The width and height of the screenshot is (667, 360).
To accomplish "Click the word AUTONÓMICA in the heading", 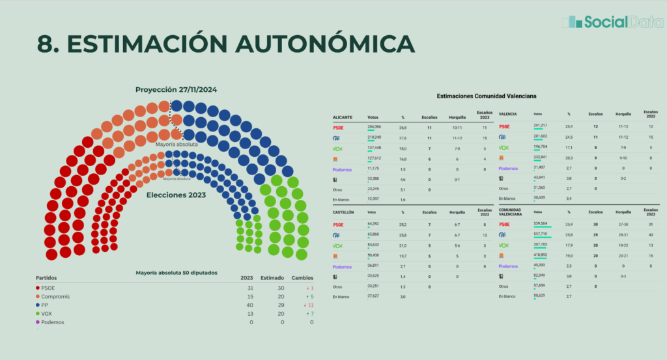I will (324, 43).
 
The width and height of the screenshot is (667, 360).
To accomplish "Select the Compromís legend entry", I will (55, 296).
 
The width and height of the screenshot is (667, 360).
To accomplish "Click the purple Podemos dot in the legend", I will (38, 322).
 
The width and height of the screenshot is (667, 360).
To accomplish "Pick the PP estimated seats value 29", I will (272, 305).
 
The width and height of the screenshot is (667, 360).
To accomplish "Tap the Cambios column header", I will (302, 277).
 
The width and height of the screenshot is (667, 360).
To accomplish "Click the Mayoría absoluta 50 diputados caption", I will (176, 272).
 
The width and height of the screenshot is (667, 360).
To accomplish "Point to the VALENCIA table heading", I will (507, 114).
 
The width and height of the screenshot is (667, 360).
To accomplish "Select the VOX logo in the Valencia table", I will (504, 147).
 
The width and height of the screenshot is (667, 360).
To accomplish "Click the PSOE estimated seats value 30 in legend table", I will (272, 288).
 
